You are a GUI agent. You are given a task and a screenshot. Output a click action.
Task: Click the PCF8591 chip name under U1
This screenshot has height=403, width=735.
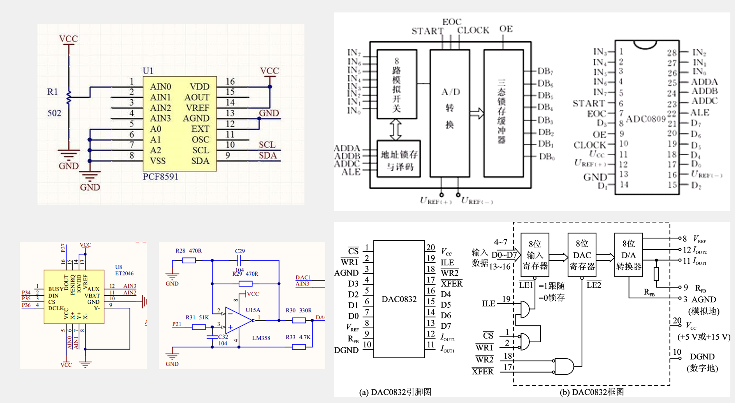[160, 177]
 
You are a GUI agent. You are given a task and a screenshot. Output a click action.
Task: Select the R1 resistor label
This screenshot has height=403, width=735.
[53, 92]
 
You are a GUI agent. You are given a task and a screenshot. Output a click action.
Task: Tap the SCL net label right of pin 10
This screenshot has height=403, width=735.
[267, 145]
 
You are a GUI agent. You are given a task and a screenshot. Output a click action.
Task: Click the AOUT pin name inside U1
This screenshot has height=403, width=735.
[197, 97]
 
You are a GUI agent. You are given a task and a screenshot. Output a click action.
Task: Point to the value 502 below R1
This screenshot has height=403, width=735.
[54, 113]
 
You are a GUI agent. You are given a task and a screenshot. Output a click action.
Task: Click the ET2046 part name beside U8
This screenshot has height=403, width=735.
[124, 273]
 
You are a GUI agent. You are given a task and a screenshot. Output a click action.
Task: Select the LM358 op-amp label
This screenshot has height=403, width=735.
[261, 338]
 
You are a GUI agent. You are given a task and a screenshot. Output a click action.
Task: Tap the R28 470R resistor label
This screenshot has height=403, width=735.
[188, 251]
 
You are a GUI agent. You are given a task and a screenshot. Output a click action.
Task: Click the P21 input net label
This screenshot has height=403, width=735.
[177, 324]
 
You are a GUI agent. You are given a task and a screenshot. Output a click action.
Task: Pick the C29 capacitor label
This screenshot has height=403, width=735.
[240, 251]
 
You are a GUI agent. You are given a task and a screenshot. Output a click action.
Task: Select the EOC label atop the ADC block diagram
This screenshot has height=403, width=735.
[452, 22]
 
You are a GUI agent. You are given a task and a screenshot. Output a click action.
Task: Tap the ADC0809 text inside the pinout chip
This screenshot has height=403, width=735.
[645, 119]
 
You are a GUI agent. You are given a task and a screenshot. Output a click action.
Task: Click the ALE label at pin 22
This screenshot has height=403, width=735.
[700, 113]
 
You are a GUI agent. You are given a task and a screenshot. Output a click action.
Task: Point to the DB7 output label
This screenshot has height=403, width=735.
[545, 71]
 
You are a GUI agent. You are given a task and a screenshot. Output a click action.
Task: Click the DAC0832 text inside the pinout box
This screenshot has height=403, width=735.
[399, 299]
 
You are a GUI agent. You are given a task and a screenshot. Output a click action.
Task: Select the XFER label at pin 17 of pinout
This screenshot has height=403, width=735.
[451, 284]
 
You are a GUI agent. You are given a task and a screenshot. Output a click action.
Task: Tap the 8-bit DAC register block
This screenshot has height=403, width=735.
[582, 255]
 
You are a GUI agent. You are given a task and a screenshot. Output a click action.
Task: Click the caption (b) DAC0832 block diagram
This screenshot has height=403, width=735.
[592, 392]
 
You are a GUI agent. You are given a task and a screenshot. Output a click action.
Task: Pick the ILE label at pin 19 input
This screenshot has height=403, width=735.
[488, 303]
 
